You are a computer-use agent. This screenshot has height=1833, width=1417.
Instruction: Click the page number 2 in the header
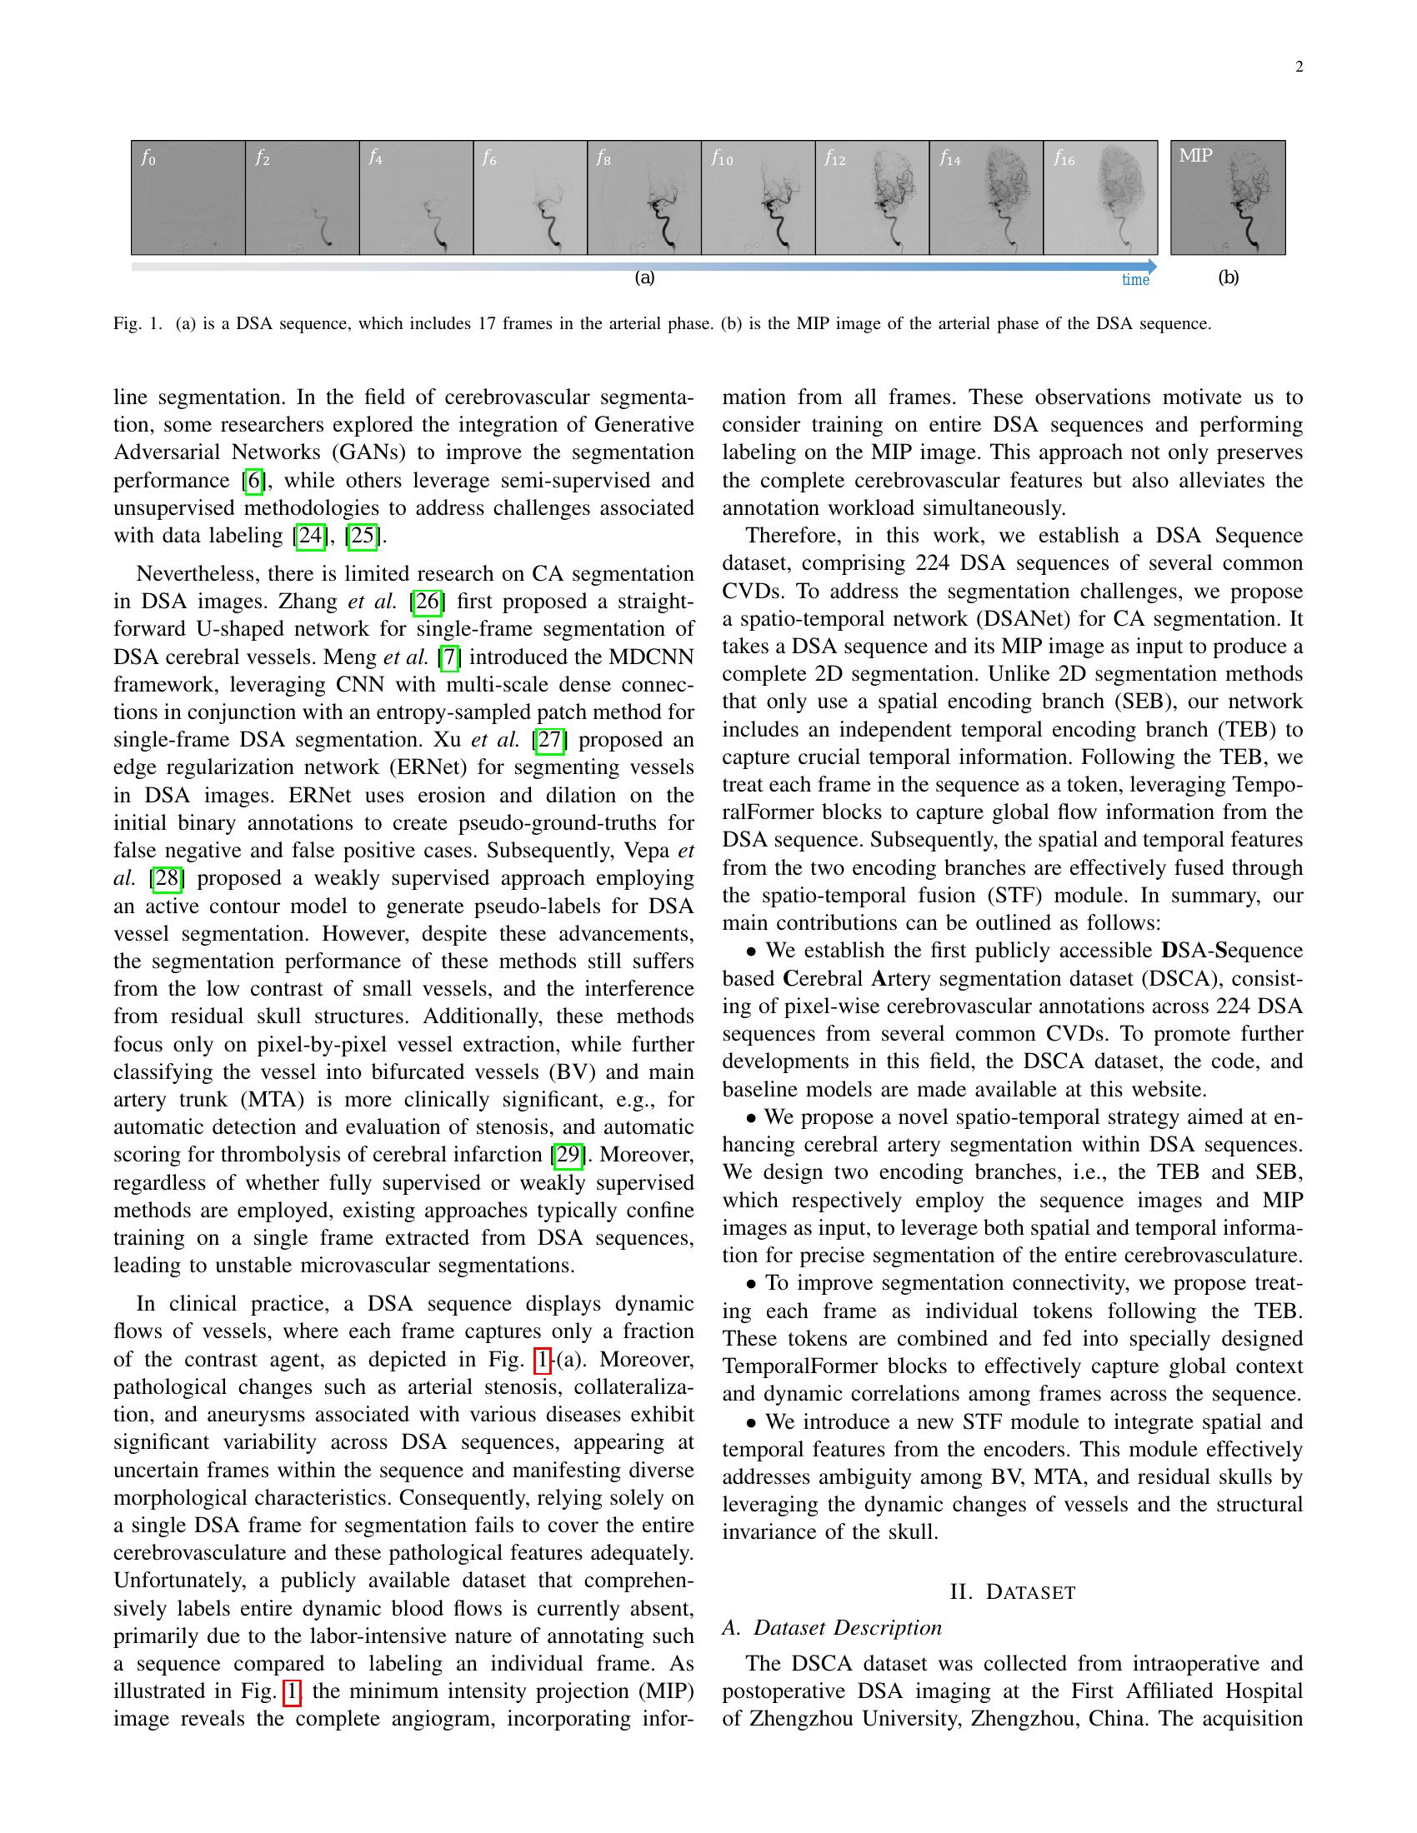(x=1299, y=68)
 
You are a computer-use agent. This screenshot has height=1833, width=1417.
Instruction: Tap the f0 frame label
(x=148, y=157)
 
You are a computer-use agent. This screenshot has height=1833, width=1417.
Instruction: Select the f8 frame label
(x=603, y=157)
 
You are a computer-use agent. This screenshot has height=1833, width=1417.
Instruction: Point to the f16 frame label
(x=1064, y=157)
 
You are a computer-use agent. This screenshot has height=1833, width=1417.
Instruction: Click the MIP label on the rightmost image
(x=1195, y=155)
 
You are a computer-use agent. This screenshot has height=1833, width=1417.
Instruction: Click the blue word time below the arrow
(x=1135, y=280)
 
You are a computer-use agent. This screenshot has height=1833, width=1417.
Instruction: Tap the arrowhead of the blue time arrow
(x=1152, y=267)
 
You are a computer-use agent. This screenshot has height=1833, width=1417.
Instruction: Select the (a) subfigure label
(x=643, y=277)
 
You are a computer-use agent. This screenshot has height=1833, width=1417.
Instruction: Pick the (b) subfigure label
(x=1228, y=277)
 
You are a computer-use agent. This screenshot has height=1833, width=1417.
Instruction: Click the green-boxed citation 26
(x=428, y=602)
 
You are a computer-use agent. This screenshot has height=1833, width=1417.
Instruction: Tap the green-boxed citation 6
(x=253, y=481)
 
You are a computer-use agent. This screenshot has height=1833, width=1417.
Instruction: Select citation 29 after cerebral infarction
(x=568, y=1155)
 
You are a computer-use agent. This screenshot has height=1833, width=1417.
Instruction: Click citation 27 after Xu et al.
(x=550, y=740)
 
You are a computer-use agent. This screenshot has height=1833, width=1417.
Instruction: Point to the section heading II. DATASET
(x=1013, y=1592)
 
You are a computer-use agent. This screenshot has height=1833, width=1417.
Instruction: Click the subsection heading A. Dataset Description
(x=832, y=1627)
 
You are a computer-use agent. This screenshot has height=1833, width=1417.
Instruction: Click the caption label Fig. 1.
(x=137, y=324)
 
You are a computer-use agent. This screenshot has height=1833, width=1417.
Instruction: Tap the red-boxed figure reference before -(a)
(x=543, y=1360)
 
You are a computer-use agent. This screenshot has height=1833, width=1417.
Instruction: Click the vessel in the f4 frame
(x=436, y=227)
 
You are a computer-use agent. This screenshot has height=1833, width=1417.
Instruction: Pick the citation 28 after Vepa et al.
(x=166, y=879)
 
